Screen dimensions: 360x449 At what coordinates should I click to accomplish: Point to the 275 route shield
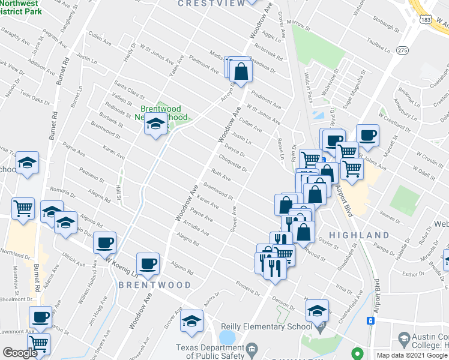402,51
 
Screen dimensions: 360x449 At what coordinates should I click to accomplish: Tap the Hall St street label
118,193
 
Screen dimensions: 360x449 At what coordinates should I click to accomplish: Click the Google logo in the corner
20,353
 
